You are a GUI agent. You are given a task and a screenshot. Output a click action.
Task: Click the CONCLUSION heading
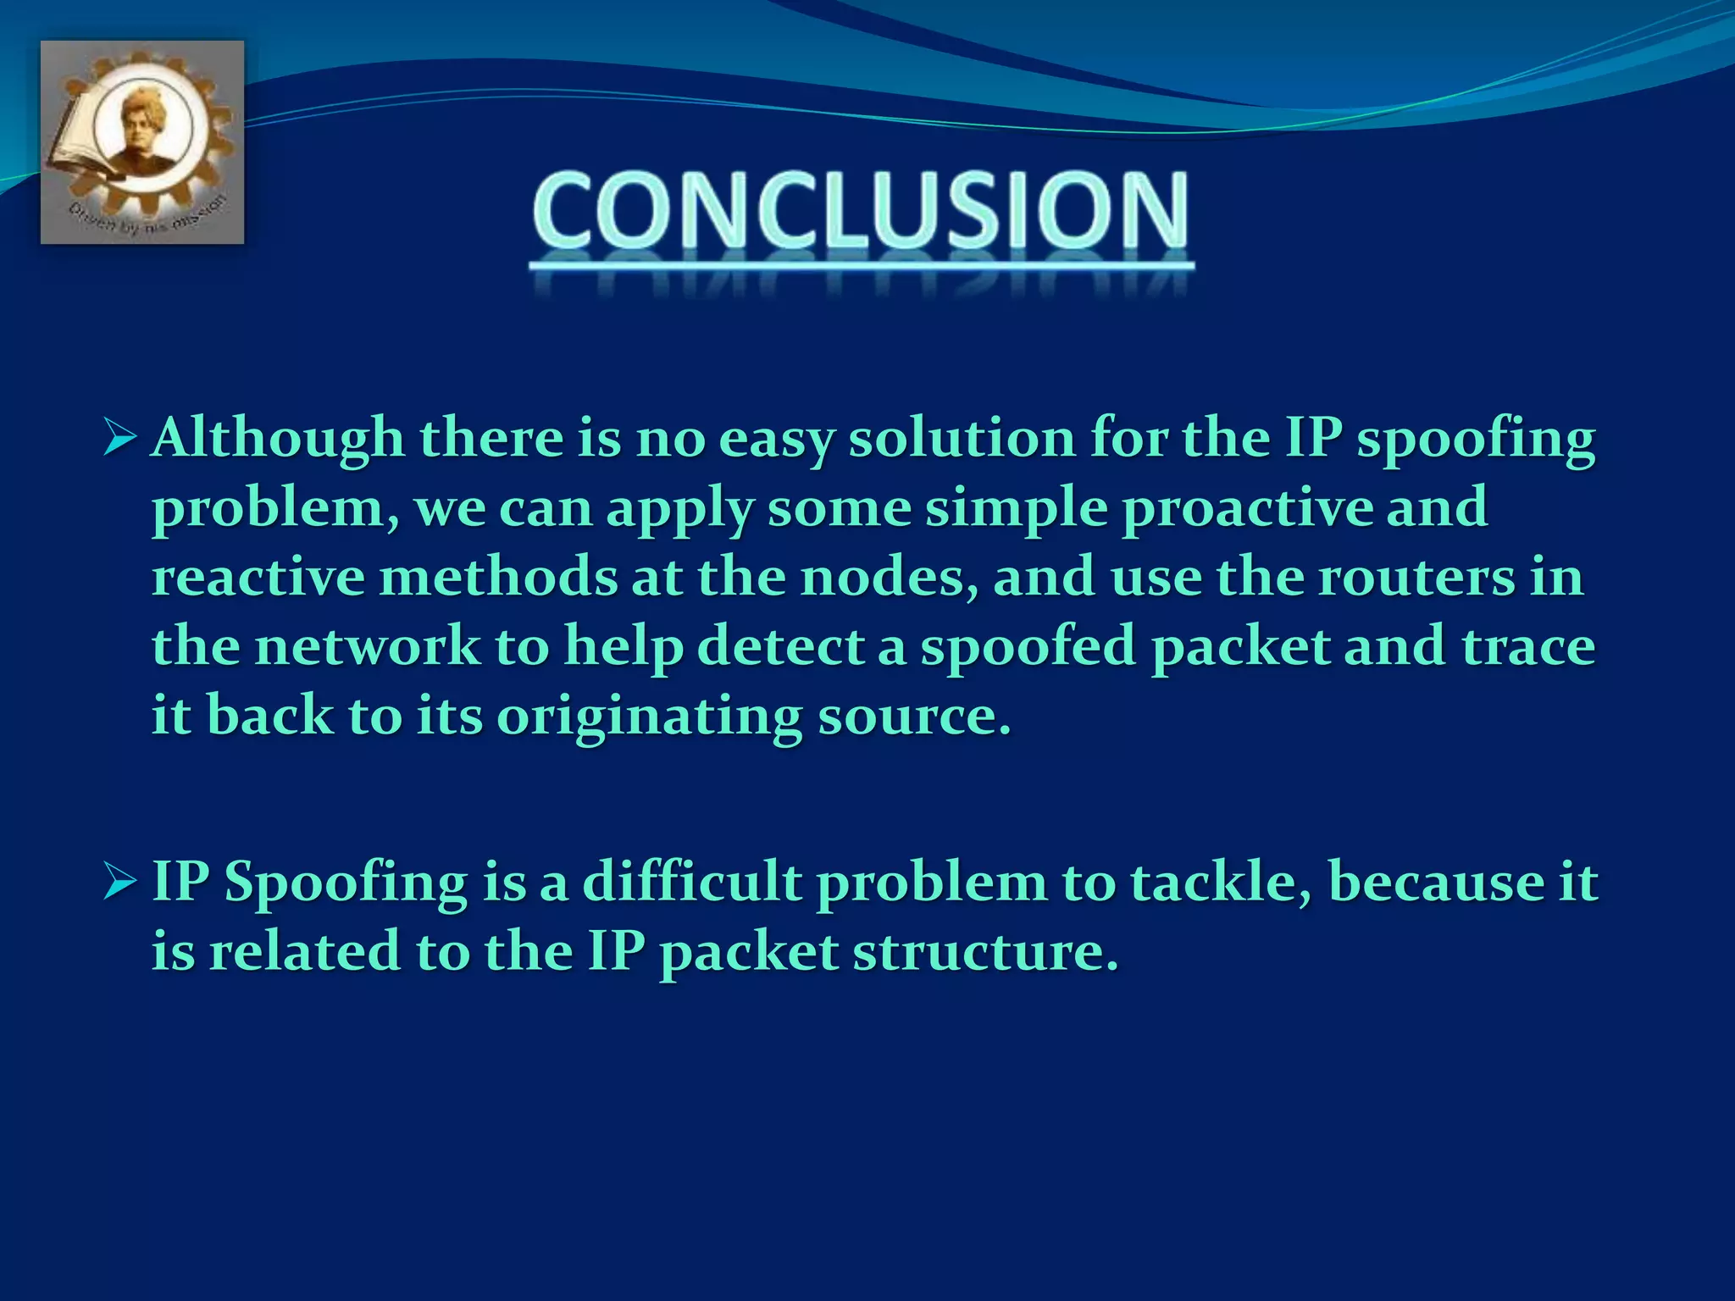tap(861, 210)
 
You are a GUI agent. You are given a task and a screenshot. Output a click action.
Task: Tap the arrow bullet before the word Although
tap(119, 439)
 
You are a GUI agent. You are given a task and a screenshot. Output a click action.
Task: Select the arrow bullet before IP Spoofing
tap(119, 882)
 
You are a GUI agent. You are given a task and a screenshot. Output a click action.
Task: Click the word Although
tap(278, 439)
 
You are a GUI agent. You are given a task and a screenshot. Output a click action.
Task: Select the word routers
tap(1416, 578)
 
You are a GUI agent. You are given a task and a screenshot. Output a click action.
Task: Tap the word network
tap(367, 647)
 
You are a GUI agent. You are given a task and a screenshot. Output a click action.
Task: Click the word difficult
tap(692, 882)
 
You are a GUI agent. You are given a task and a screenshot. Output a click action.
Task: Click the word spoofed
tap(1028, 647)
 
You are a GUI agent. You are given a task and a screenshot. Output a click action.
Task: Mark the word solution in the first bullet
tap(962, 439)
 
